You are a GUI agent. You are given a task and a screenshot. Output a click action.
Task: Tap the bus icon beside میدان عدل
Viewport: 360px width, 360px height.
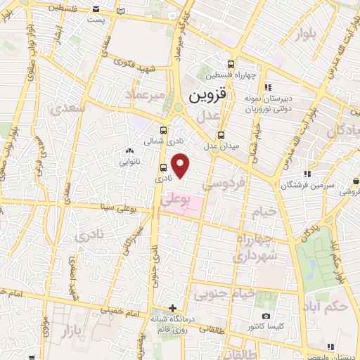[221, 135]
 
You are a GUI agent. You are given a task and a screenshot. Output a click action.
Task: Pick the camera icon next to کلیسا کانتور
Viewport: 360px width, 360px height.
[266, 316]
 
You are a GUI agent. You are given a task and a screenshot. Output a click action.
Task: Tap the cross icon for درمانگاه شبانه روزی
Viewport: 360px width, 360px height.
[173, 308]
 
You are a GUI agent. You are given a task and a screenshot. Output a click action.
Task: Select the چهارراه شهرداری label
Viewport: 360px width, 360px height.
[255, 250]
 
